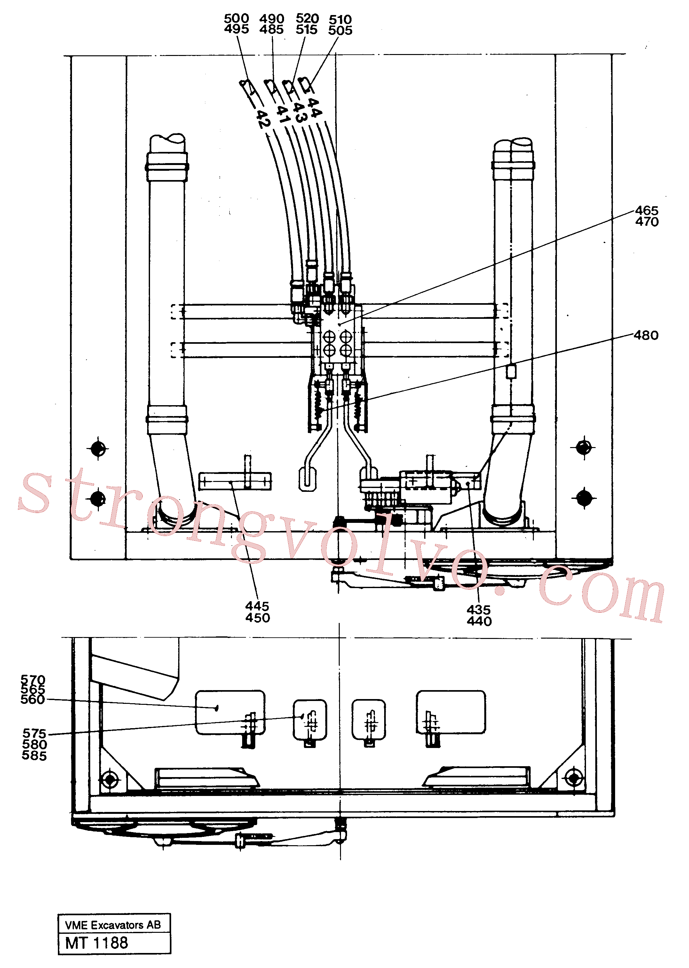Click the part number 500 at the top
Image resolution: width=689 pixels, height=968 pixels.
point(236,19)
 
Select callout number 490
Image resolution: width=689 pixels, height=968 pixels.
point(272,19)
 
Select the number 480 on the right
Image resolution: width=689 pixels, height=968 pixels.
point(646,335)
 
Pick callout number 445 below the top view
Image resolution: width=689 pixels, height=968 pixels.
point(257,606)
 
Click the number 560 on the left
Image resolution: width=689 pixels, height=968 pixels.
point(33,699)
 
